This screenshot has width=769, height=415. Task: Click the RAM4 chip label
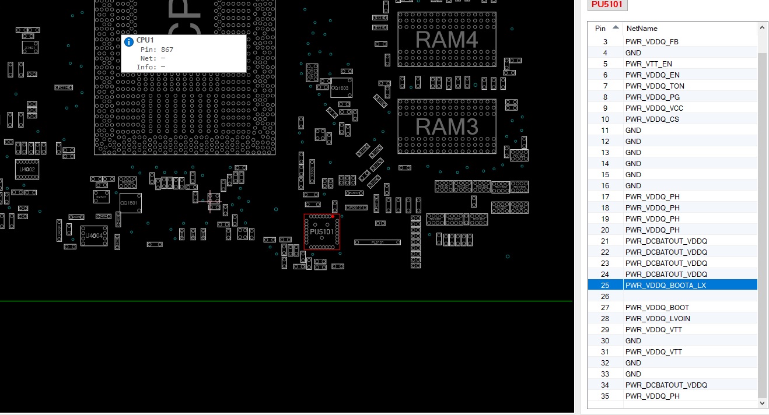click(446, 40)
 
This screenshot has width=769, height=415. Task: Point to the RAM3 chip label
click(446, 126)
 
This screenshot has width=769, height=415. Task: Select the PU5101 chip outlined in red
click(321, 232)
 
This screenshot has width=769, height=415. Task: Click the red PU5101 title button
click(607, 5)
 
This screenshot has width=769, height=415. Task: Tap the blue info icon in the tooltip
click(129, 41)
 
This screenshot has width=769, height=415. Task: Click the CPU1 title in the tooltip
click(145, 40)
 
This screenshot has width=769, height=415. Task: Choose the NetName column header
click(641, 28)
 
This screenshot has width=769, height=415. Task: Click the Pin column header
click(600, 28)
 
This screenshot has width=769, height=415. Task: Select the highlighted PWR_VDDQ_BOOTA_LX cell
click(665, 285)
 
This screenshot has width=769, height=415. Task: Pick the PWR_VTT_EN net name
click(648, 64)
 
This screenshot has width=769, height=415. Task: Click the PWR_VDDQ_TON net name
click(655, 86)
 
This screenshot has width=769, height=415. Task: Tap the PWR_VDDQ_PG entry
click(652, 97)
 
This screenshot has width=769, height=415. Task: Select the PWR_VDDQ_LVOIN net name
click(658, 318)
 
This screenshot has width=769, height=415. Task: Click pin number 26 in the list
click(605, 296)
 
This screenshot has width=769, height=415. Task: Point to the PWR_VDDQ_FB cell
click(652, 41)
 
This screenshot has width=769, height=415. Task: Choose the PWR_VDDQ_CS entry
click(652, 119)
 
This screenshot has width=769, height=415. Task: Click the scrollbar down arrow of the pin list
click(763, 403)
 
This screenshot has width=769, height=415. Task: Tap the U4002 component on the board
click(27, 169)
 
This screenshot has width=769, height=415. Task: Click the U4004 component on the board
click(93, 235)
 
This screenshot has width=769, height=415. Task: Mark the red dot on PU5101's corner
click(333, 216)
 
